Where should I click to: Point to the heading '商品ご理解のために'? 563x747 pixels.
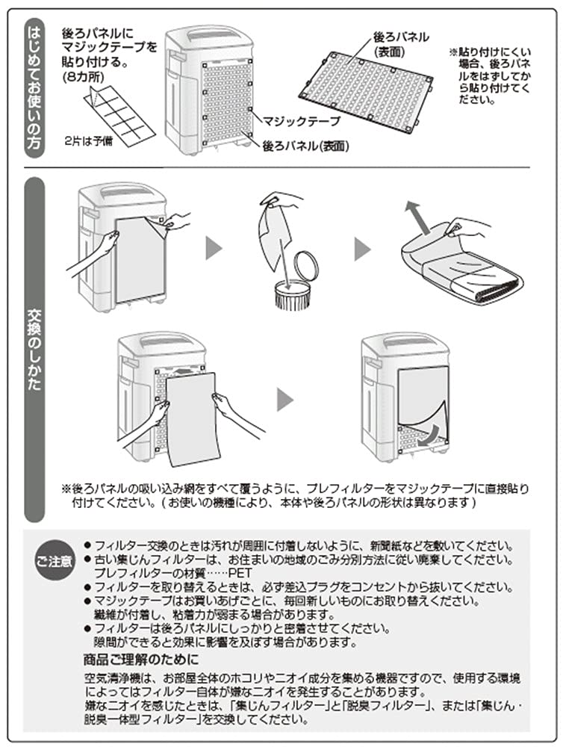(141, 659)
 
